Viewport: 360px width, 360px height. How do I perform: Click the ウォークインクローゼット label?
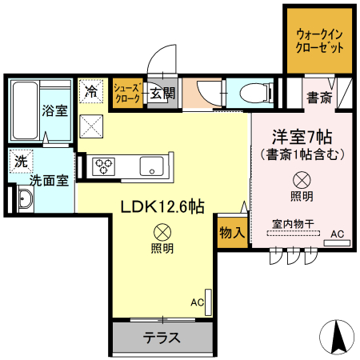[x=320, y=41]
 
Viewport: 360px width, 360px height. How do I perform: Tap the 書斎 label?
[x=319, y=98]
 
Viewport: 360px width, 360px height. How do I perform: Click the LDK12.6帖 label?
[x=162, y=206]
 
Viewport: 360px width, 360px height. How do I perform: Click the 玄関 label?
[x=162, y=94]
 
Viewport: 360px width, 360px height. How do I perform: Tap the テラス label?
[x=162, y=337]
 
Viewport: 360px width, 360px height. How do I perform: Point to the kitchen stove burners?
[x=104, y=166]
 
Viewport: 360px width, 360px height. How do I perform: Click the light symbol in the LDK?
[x=162, y=233]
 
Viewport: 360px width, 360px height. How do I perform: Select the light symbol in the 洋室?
[x=302, y=180]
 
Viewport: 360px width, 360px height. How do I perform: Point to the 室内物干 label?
[x=292, y=226]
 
